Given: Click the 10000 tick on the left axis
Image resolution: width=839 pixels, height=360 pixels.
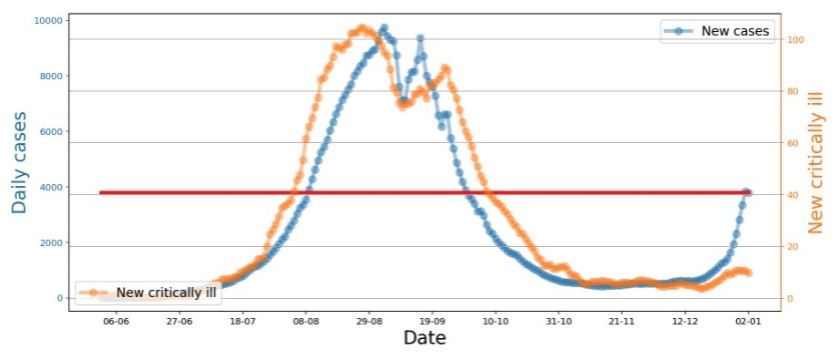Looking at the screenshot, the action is click(x=48, y=20).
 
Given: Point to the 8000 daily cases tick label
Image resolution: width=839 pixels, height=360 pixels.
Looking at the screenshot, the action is click(x=50, y=76).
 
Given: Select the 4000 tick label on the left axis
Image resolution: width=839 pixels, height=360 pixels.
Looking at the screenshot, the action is click(x=50, y=187).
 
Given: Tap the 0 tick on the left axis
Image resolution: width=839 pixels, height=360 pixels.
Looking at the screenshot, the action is click(x=58, y=298).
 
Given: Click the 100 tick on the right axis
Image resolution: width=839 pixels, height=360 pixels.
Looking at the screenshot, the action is click(x=790, y=39).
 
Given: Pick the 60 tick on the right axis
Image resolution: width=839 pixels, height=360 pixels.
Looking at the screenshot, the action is click(x=788, y=143).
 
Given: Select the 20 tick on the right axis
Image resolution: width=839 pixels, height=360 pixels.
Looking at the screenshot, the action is click(x=788, y=246).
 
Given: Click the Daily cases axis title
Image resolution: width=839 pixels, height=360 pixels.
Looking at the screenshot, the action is click(x=19, y=163).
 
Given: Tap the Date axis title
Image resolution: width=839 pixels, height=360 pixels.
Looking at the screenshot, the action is click(x=425, y=338).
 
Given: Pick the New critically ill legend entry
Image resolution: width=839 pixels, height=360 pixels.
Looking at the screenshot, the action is click(x=148, y=293).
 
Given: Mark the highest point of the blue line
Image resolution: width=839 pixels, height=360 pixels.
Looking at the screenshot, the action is click(x=384, y=28).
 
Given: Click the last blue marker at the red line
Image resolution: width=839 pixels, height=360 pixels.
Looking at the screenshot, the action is click(x=748, y=193).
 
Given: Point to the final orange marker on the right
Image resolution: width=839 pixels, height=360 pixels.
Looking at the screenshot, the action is click(x=749, y=273).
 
